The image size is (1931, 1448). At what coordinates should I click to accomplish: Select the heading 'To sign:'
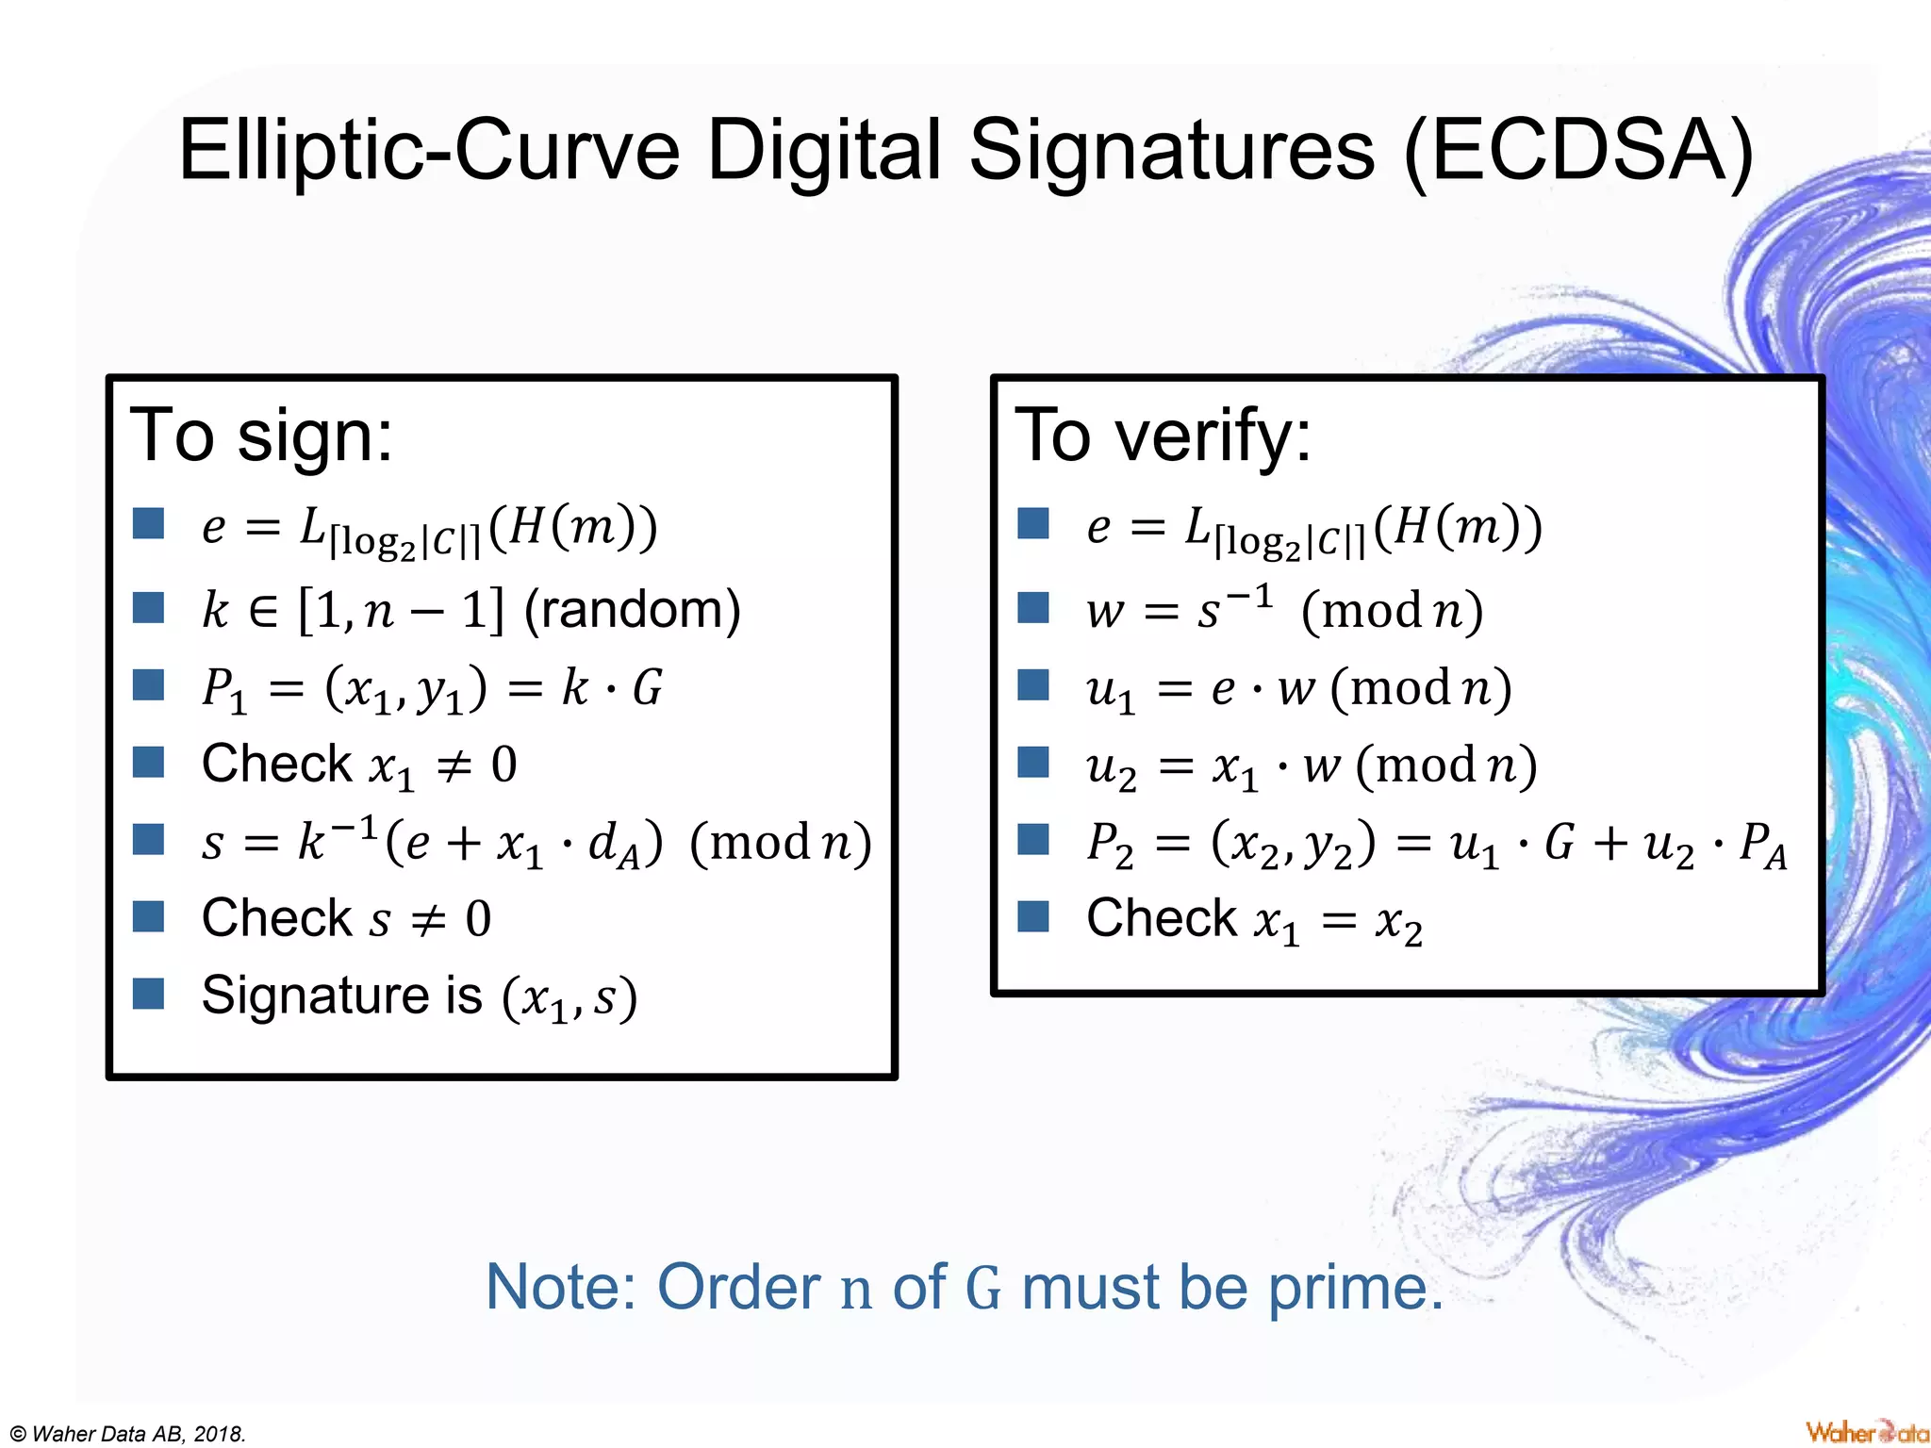click(x=261, y=436)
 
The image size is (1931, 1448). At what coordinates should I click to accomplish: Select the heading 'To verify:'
click(x=1163, y=436)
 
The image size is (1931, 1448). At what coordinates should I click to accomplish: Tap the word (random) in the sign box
click(x=633, y=610)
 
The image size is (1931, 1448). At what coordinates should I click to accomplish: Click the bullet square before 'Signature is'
click(x=149, y=994)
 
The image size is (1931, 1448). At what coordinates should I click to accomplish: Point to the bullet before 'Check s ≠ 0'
click(x=149, y=916)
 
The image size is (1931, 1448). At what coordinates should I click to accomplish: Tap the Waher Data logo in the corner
click(x=1866, y=1432)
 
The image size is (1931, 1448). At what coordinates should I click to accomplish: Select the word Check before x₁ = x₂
click(x=1161, y=918)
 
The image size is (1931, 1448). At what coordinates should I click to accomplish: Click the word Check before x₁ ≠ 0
click(x=276, y=764)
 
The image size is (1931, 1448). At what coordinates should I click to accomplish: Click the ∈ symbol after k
click(x=263, y=612)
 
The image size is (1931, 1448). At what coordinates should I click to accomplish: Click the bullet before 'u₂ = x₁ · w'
click(x=1033, y=762)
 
